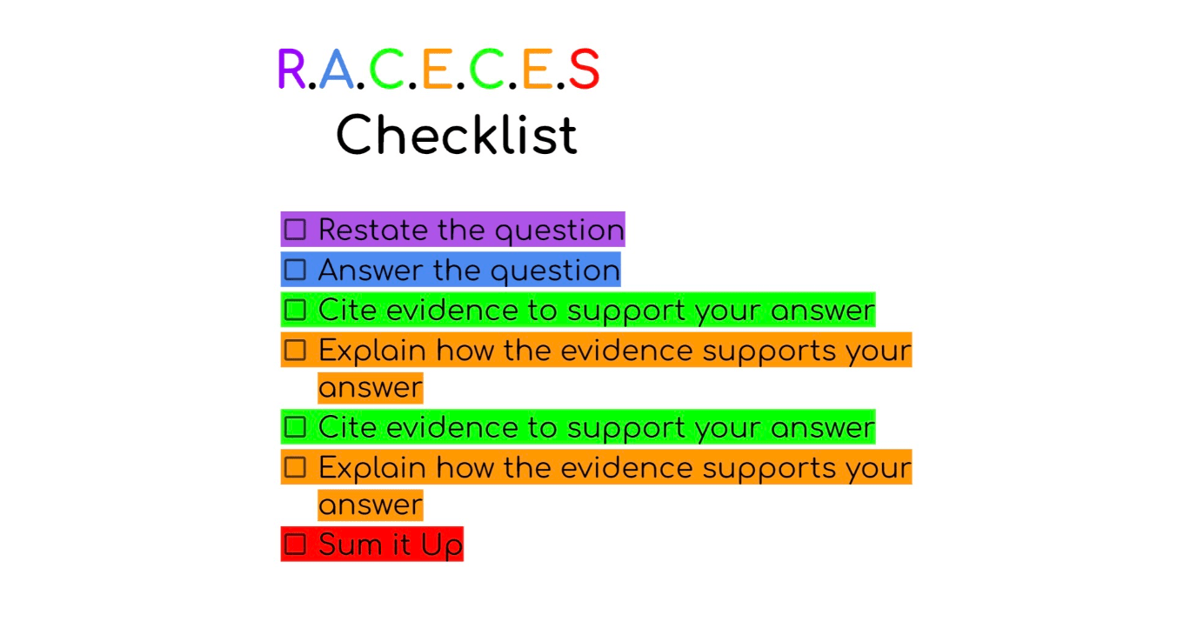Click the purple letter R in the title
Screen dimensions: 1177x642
(291, 69)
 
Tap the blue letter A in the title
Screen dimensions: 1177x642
(337, 69)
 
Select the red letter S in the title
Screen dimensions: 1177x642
(584, 69)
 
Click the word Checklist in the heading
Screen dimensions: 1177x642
(457, 135)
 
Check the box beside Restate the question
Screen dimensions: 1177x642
(295, 230)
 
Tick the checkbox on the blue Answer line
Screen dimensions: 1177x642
(295, 270)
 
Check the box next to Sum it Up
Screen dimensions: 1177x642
(295, 545)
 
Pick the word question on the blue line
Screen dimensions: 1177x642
(555, 272)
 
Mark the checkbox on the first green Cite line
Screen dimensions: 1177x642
(295, 310)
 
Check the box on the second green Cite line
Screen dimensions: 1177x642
(295, 427)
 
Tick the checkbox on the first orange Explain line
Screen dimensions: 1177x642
(295, 350)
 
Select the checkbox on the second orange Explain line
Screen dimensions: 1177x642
(295, 467)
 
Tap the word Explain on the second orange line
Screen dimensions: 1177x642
(372, 469)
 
